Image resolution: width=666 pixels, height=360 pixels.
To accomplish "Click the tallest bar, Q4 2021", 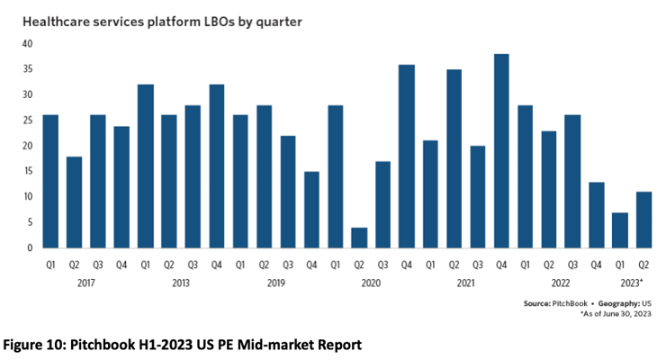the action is (501, 151).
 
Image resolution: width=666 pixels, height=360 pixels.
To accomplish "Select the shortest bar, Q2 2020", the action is (359, 238).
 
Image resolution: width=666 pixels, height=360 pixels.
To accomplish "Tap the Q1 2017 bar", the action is (50, 182).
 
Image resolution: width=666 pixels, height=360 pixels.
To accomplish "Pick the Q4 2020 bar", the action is (407, 157).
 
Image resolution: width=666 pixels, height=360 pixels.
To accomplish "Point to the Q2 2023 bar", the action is (643, 220).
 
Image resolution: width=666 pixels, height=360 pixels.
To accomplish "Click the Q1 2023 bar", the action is (620, 230).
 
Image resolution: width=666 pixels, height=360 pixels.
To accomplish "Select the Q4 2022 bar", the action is (597, 215).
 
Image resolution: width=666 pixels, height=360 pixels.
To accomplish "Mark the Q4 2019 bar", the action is (311, 210).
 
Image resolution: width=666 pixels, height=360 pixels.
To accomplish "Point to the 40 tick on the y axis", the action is (27, 44).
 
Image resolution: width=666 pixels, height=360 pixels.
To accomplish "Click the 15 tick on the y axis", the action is (28, 171).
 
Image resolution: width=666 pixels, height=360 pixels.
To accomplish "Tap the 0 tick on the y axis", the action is (30, 247).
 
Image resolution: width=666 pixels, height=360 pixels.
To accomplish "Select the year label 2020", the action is (371, 283).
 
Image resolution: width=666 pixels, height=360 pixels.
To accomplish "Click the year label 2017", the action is (85, 283).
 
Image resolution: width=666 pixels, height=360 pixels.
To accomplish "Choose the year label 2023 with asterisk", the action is (632, 283).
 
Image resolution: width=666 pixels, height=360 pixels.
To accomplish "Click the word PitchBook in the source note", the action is (570, 303).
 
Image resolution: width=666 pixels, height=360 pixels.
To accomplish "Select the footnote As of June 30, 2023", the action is (616, 314).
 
